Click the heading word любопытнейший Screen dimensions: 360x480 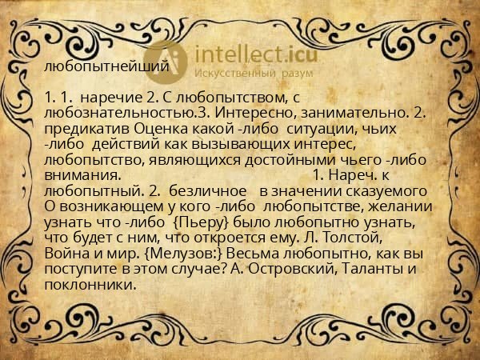pos(106,66)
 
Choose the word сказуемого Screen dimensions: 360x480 pos(385,190)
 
